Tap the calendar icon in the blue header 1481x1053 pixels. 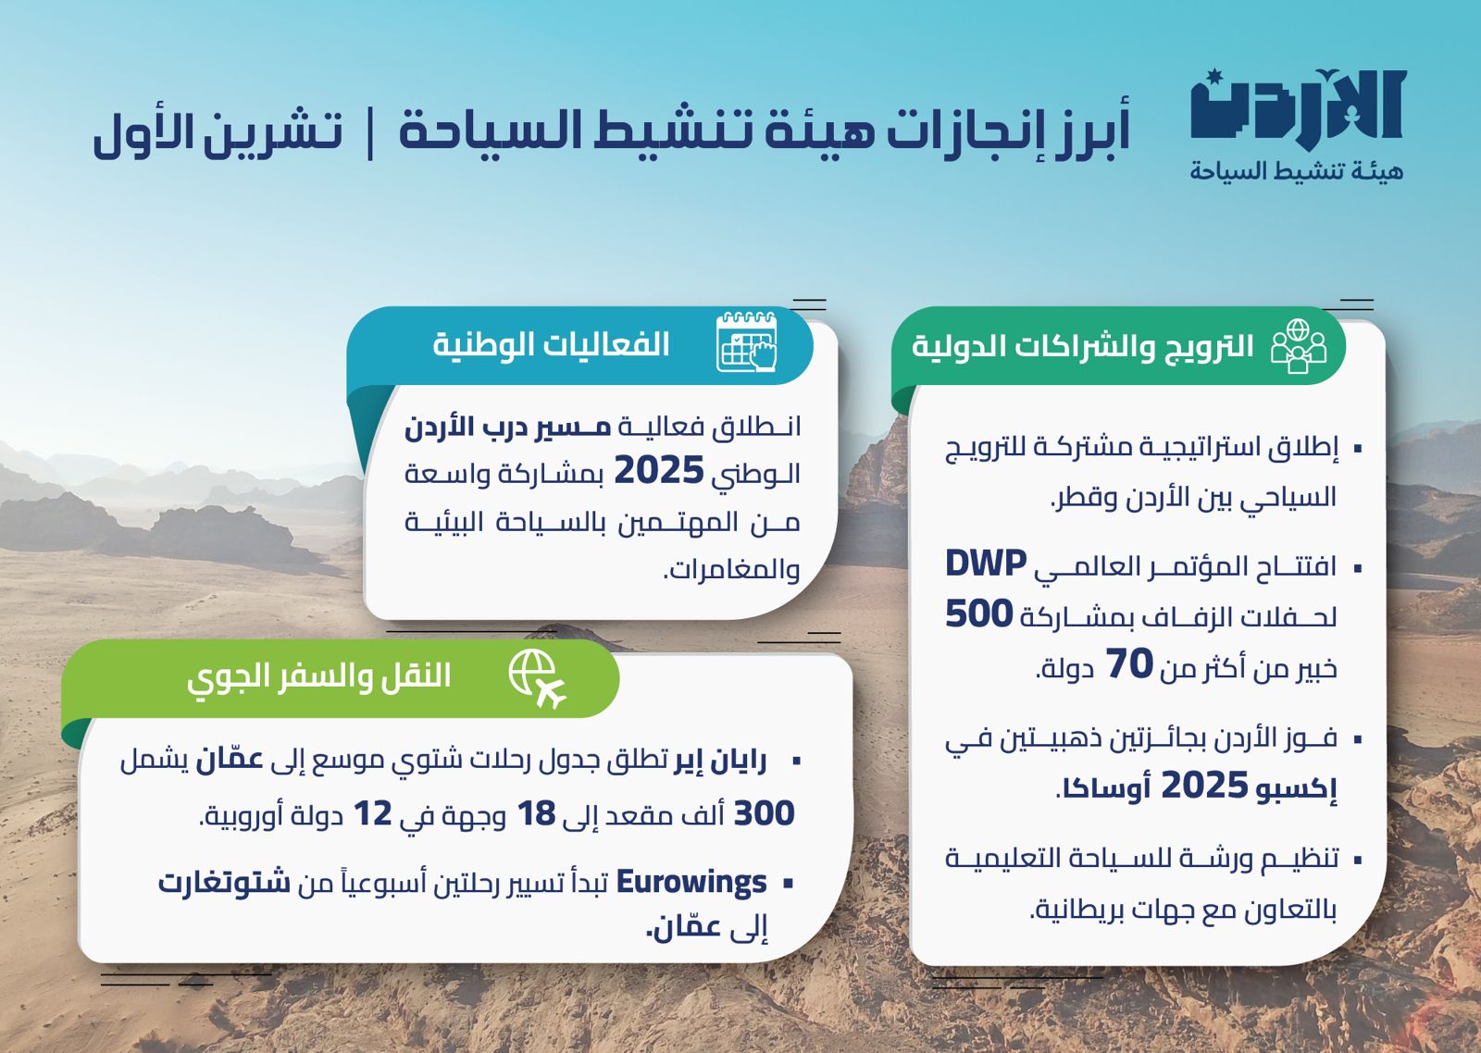(746, 342)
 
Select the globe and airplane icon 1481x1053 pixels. (537, 677)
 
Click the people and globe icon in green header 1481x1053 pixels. (1298, 346)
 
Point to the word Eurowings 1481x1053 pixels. (691, 882)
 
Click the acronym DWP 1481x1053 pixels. (986, 563)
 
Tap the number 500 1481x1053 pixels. (978, 614)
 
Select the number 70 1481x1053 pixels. (1129, 664)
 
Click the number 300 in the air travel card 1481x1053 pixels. (765, 813)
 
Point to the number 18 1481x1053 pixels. (536, 813)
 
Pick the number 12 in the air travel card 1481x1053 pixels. (373, 813)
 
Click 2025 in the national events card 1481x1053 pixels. (658, 471)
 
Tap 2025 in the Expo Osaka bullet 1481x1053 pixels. (1204, 786)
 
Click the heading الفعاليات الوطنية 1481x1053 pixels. (552, 344)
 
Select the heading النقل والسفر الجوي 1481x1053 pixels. (319, 676)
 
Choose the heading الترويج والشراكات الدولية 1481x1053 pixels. (1082, 346)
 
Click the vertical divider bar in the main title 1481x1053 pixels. (370, 133)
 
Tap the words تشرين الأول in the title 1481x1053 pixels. (218, 131)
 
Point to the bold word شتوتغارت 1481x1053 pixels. (225, 882)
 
